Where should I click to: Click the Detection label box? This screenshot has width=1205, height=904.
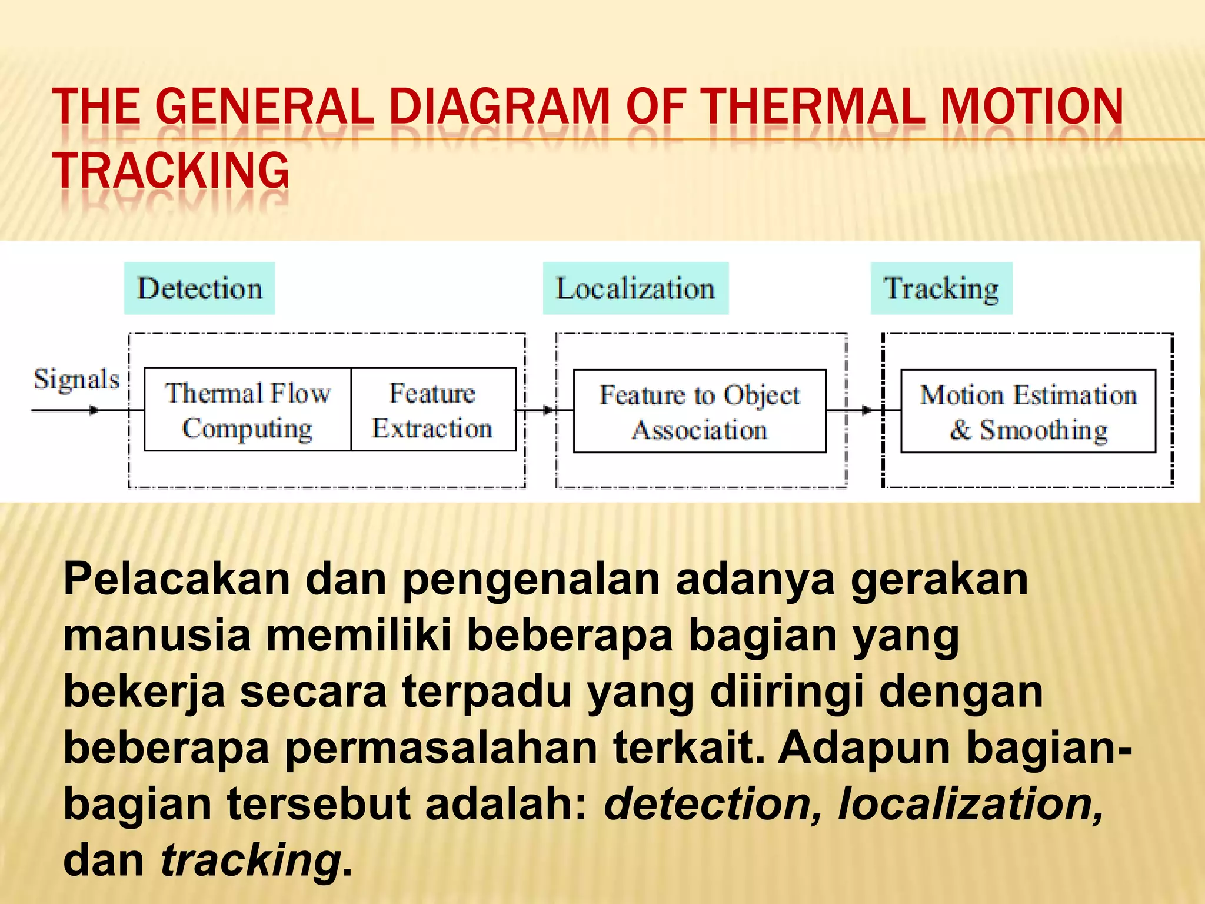[x=199, y=288]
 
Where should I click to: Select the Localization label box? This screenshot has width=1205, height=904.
[x=635, y=288]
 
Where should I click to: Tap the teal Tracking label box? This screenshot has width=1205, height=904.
[x=941, y=288]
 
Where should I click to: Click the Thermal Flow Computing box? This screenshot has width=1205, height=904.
[x=248, y=410]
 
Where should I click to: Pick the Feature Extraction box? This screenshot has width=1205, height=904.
[x=432, y=410]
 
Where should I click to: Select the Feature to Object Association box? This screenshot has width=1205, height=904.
[x=700, y=411]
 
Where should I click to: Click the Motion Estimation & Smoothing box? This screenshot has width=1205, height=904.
[x=1028, y=411]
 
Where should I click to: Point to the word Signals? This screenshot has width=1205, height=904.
[x=76, y=380]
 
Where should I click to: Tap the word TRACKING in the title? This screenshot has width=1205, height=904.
[x=171, y=171]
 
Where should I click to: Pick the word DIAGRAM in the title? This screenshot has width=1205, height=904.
[x=500, y=107]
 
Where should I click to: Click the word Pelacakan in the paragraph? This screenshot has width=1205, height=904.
[x=177, y=580]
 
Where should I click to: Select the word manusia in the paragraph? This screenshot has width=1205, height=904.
[x=157, y=636]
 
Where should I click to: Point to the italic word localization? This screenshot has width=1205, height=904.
[x=971, y=804]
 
